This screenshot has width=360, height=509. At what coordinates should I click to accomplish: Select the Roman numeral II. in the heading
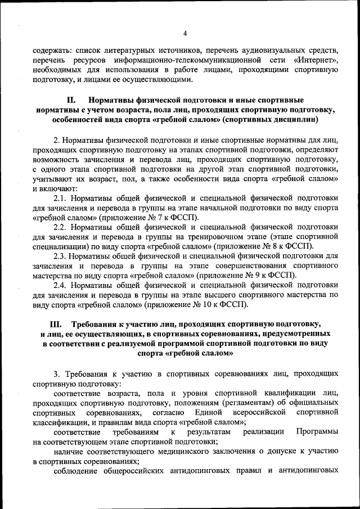71,100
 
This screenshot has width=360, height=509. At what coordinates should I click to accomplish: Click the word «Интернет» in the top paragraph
316,60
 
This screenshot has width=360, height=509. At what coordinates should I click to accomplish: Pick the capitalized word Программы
317,432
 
